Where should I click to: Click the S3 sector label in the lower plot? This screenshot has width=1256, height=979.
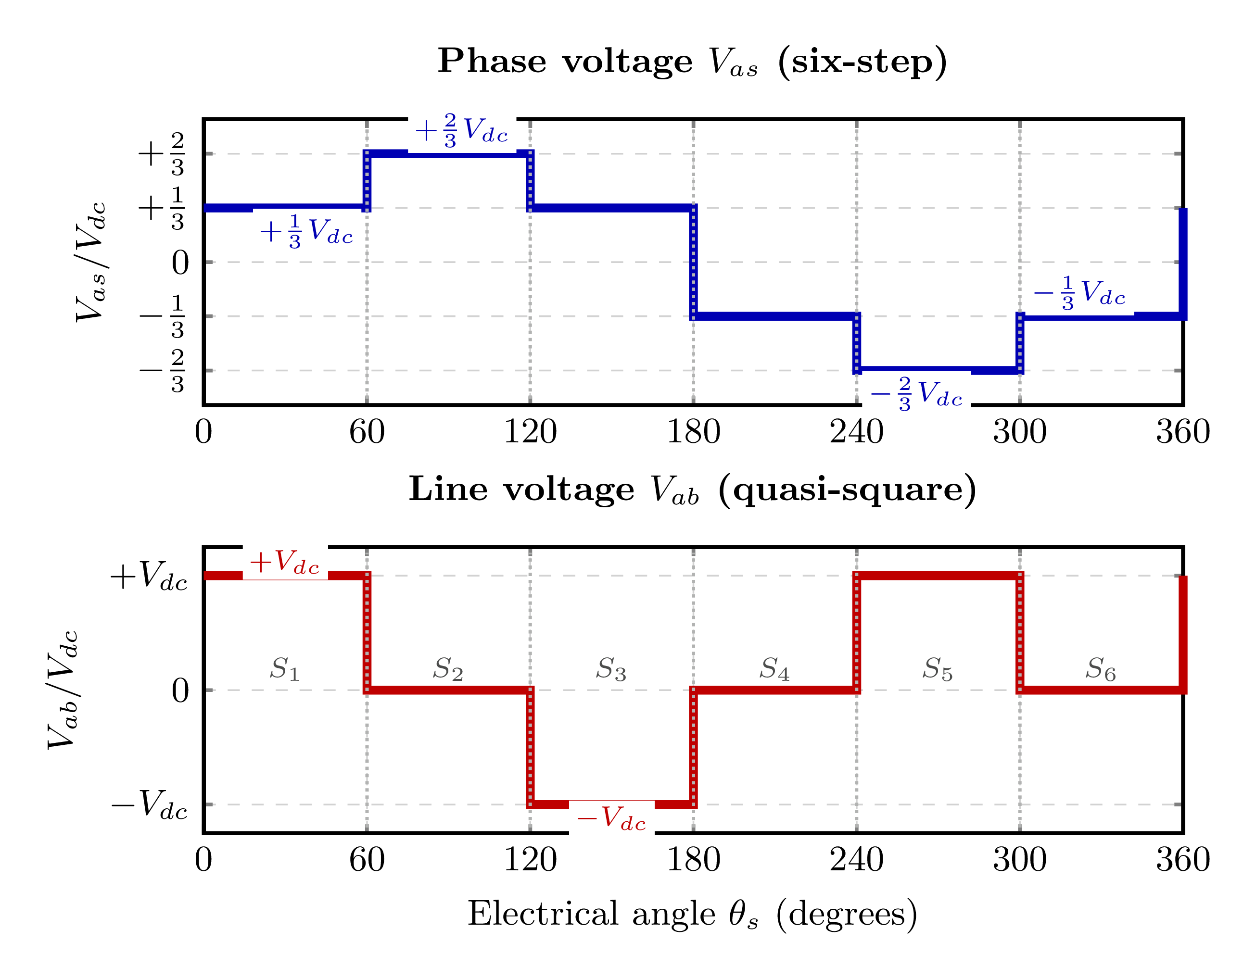pyautogui.click(x=611, y=670)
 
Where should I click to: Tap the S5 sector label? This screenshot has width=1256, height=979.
pyautogui.click(x=938, y=670)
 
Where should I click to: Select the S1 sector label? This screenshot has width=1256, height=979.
pyautogui.click(x=285, y=670)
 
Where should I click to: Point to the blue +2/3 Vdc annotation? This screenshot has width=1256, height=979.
pyautogui.click(x=462, y=130)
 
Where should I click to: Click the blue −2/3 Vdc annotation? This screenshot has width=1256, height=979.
pyautogui.click(x=916, y=394)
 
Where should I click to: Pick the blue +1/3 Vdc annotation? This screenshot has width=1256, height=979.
pyautogui.click(x=306, y=232)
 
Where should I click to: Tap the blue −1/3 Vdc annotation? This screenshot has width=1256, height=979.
pyautogui.click(x=1079, y=293)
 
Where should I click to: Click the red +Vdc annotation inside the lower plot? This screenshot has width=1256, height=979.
pyautogui.click(x=285, y=562)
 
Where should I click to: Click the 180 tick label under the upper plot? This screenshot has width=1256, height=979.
pyautogui.click(x=693, y=432)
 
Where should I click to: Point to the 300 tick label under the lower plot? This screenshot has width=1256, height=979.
pyautogui.click(x=1020, y=861)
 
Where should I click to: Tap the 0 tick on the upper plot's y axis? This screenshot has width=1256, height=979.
pyautogui.click(x=180, y=264)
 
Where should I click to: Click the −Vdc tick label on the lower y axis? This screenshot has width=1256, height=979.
pyautogui.click(x=150, y=805)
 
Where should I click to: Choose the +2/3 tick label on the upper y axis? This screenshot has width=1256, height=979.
pyautogui.click(x=162, y=154)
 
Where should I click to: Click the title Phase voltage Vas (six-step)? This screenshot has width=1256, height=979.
pyautogui.click(x=692, y=61)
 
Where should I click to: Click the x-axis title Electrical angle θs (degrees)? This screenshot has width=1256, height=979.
pyautogui.click(x=692, y=914)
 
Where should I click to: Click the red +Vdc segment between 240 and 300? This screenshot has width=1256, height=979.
pyautogui.click(x=938, y=576)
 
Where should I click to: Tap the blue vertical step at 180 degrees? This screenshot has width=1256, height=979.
pyautogui.click(x=693, y=262)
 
